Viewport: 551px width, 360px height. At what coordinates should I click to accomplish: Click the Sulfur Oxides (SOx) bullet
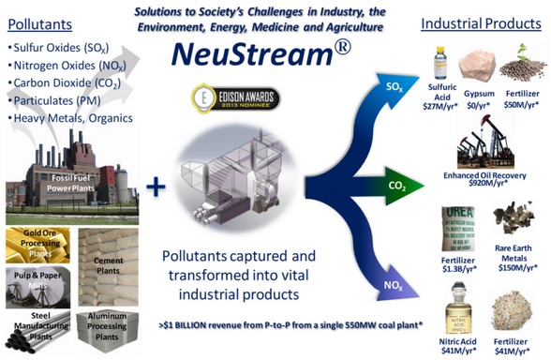(62, 45)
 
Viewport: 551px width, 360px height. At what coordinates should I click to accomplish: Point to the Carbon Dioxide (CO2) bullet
(67, 82)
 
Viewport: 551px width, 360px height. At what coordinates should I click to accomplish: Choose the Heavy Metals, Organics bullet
(70, 118)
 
